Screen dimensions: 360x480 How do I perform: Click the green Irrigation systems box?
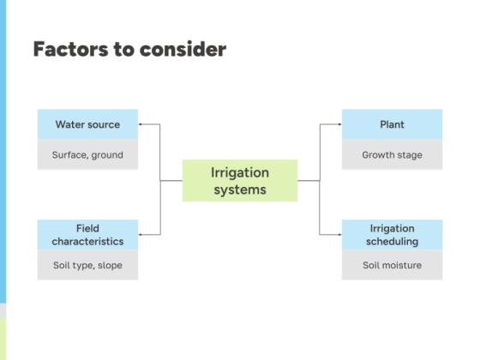(x=240, y=180)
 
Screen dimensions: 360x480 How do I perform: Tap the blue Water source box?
(x=87, y=124)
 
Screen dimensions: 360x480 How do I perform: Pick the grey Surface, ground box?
(x=87, y=155)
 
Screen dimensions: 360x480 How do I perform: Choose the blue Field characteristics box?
(x=87, y=235)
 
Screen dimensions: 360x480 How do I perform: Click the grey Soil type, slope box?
(x=87, y=265)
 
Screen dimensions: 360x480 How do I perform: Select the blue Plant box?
(x=392, y=124)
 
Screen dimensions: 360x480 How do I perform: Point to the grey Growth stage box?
(x=392, y=155)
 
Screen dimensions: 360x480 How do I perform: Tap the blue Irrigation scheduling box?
(x=392, y=235)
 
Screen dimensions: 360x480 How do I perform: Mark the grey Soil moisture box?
(x=392, y=265)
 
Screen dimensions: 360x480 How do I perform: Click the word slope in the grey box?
(x=109, y=265)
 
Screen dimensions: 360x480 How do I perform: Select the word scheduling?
(x=392, y=242)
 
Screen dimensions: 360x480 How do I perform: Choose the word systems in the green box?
(x=240, y=189)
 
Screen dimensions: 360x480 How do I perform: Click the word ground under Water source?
(x=107, y=155)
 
